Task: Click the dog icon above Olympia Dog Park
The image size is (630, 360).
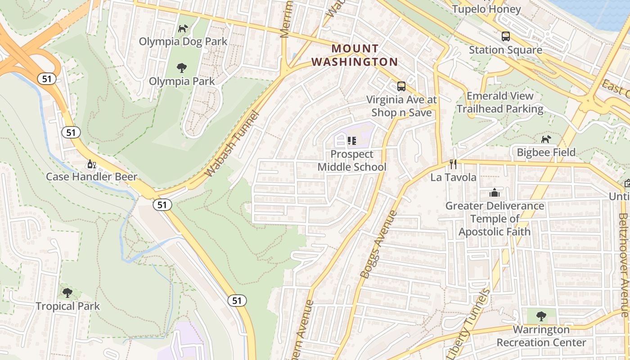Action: click(183, 29)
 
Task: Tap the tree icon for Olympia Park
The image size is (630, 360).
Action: click(182, 68)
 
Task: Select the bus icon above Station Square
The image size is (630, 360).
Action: click(505, 36)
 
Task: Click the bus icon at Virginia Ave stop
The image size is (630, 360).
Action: click(401, 86)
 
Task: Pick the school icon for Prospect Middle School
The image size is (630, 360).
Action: click(352, 141)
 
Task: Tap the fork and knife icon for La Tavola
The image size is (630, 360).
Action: click(453, 164)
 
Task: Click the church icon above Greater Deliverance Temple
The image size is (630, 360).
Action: click(495, 193)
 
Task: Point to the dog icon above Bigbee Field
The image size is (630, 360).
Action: click(546, 139)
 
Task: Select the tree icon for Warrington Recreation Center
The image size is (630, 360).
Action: click(541, 316)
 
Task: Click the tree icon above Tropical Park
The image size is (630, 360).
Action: click(67, 293)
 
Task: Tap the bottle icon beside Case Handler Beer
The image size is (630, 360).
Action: click(91, 164)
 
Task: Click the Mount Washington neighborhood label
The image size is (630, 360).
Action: click(355, 55)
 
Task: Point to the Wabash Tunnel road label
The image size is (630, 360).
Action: click(232, 144)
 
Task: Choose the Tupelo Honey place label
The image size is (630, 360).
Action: click(486, 9)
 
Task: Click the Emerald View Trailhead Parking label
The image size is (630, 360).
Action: click(500, 102)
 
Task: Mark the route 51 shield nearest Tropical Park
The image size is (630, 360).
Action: click(237, 300)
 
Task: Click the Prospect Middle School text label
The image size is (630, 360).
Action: click(352, 161)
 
